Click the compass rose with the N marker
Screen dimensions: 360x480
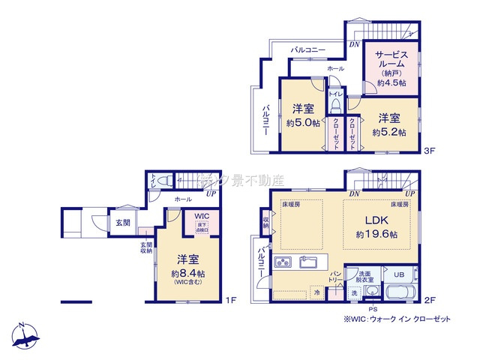click(x=24, y=335)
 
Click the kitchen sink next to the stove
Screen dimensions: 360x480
click(x=308, y=262)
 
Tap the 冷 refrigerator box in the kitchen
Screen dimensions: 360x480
click(x=317, y=292)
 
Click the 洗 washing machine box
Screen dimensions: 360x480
click(x=355, y=292)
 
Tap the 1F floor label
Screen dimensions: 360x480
click(x=231, y=300)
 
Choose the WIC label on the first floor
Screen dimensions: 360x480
click(x=200, y=216)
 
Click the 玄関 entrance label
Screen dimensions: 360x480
click(x=123, y=223)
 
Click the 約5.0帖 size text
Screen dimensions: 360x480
click(x=303, y=123)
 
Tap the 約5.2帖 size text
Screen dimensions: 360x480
click(x=388, y=132)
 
